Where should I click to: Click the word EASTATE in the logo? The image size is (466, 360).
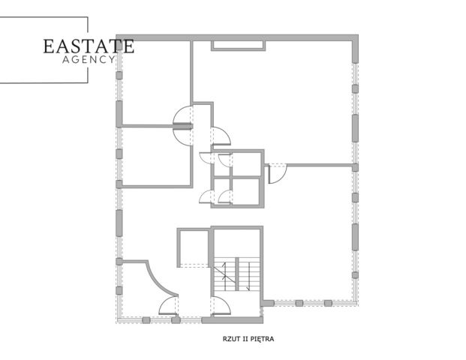point(89,46)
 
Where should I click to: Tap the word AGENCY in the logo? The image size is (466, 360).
point(89,59)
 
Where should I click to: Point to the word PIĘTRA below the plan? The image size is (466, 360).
point(262,339)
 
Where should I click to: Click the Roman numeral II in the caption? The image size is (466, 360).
point(245,338)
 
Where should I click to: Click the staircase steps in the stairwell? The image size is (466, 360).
point(237,274)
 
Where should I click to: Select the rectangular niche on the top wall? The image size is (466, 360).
point(238,46)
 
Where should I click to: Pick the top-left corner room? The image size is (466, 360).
point(156,82)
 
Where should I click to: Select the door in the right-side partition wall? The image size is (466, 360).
point(277,173)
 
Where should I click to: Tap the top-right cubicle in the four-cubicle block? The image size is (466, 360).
point(246,163)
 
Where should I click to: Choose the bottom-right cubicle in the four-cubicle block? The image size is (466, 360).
point(246,191)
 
